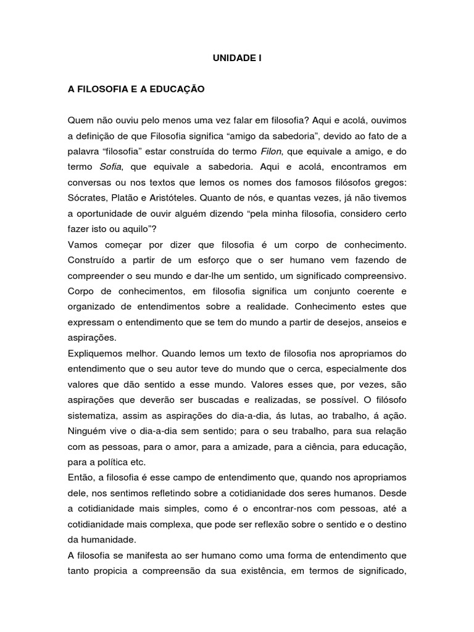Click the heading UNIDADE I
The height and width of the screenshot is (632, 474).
pyautogui.click(x=236, y=59)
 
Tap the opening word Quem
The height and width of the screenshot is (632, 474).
pyautogui.click(x=79, y=119)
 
